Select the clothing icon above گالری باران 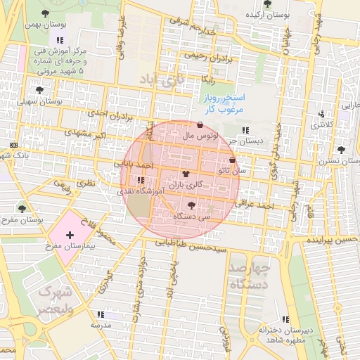point(186,174)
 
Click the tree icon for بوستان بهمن point(46,13)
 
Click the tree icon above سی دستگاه point(191,205)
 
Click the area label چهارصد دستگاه point(250,277)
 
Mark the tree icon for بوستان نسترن point(341,150)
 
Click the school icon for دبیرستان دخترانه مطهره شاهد point(284,319)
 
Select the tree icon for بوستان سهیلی point(39,90)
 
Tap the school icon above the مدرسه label point(100,314)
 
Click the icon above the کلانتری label point(322,114)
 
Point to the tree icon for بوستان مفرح point(21,208)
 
